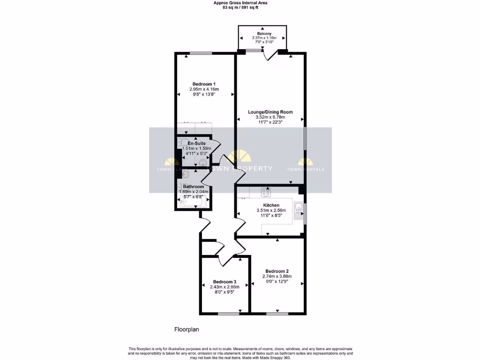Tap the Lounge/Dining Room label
(270, 112)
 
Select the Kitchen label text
(271, 205)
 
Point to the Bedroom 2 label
(277, 271)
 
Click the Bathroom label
(194, 187)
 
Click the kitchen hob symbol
(266, 191)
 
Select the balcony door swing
(269, 56)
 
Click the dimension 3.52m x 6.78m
(270, 117)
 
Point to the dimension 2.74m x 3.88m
(277, 277)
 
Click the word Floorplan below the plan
(187, 330)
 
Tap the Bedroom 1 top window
(200, 53)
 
